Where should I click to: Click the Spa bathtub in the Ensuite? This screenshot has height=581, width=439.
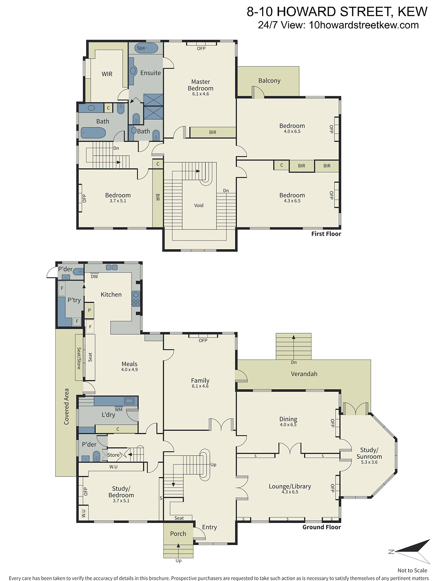pos(146,48)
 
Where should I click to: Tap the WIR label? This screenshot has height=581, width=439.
pos(107,74)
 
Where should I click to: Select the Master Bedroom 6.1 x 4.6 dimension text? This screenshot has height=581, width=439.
pos(200,94)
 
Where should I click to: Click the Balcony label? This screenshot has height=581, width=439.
pos(269,81)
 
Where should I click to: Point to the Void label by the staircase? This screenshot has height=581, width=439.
pos(199,205)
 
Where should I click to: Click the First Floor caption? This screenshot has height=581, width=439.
pos(326,234)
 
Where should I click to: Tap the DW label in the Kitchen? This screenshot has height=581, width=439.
pos(94,277)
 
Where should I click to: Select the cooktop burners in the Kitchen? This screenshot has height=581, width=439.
pos(136,299)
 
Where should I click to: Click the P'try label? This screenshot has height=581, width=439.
pos(74,300)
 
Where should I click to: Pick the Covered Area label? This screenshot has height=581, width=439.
pos(66,407)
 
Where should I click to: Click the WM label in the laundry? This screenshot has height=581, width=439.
pos(118,410)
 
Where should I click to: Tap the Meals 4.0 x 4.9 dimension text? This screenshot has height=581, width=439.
pos(129,369)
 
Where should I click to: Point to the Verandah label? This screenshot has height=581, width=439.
pos(304,374)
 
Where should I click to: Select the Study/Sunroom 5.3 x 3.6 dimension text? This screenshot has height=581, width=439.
pos(369,462)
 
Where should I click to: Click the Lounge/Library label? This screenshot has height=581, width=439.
pos(290,486)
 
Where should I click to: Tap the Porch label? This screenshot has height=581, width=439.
pos(178,534)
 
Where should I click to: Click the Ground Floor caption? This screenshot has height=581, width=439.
pos(321,527)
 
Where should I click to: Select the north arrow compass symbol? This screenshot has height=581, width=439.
pos(410,552)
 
